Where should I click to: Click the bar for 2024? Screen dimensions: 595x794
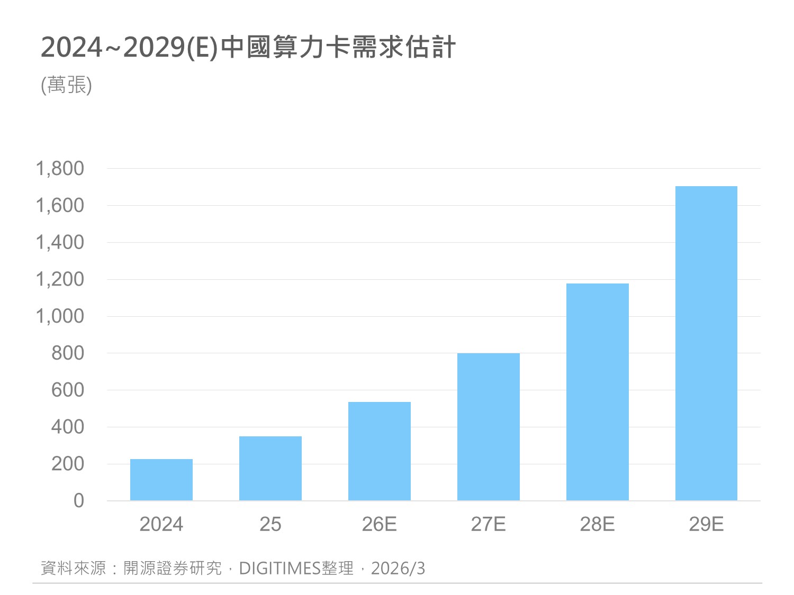point(161,480)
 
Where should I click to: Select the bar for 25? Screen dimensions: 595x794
point(270,468)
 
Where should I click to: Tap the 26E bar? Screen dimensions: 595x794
point(380,451)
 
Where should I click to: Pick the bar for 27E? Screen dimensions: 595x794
point(489,427)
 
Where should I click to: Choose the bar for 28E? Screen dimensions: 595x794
point(598,392)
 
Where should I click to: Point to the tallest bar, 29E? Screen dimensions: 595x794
point(706,343)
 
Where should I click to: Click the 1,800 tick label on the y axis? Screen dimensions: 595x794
point(60,169)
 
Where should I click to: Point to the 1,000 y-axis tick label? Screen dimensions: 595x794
point(60,316)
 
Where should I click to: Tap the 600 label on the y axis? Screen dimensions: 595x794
point(68,390)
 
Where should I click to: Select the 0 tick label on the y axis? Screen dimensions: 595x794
point(79,500)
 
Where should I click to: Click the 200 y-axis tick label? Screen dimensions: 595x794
point(68,464)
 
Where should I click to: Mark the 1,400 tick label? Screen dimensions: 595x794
point(60,243)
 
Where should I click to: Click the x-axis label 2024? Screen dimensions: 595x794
point(161,524)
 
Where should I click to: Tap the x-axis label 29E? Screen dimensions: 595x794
point(706,524)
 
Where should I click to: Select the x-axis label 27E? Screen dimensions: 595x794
point(489,524)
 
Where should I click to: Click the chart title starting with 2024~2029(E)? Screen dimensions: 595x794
point(248,48)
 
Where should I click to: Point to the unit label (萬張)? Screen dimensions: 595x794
point(67,85)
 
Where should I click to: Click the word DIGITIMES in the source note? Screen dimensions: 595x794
point(280,569)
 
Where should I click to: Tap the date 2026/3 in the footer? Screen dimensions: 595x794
point(398,569)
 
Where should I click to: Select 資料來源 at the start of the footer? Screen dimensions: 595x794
point(74,569)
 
